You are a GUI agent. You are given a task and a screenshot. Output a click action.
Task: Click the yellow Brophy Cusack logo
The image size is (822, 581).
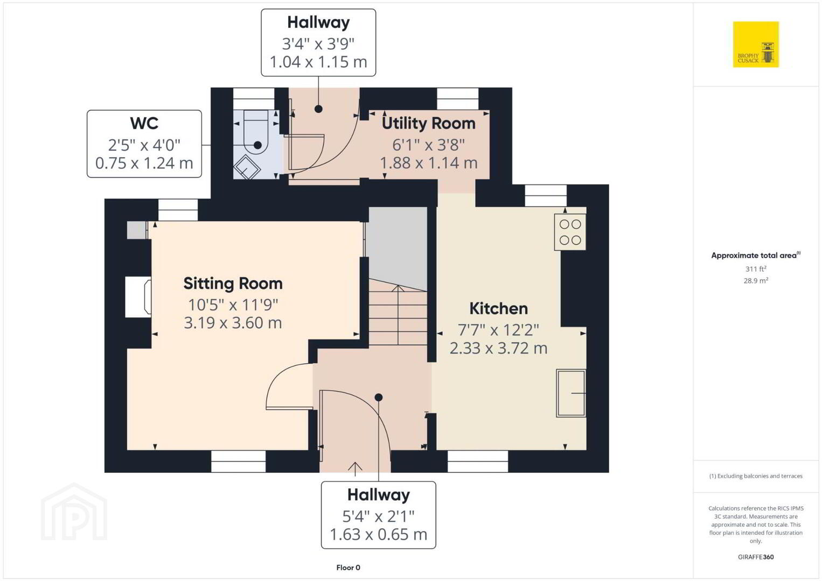(756, 44)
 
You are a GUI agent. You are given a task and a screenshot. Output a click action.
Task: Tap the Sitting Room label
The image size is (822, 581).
(233, 284)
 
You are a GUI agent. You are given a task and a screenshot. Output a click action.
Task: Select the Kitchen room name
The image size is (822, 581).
(499, 309)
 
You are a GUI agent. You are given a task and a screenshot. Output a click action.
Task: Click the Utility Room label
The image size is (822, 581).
(429, 123)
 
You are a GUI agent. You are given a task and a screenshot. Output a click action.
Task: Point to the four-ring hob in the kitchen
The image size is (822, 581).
(570, 232)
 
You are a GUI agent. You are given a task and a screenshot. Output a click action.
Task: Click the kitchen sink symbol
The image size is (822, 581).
(570, 393)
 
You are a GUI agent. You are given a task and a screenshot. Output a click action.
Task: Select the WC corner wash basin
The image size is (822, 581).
(247, 167)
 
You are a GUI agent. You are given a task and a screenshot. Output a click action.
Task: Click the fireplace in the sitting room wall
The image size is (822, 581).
(138, 297)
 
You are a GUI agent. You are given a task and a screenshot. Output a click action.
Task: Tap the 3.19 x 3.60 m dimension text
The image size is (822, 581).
(233, 323)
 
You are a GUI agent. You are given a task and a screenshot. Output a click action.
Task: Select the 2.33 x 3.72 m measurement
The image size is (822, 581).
(499, 348)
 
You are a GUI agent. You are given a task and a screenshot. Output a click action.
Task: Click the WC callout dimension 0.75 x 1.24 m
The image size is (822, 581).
(144, 163)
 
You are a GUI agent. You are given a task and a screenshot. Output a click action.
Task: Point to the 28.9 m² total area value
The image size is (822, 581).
(756, 281)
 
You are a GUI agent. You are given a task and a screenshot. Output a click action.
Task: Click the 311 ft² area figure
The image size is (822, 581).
(756, 268)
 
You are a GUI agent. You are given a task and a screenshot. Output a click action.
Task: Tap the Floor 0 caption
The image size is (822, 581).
(349, 568)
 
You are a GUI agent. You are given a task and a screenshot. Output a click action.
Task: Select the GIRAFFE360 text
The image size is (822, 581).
(756, 557)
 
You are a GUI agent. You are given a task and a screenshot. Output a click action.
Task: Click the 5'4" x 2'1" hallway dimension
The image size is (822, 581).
(378, 516)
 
